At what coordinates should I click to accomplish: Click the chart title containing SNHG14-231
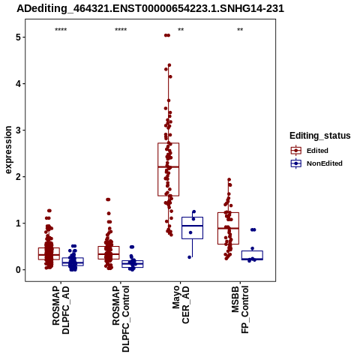pos(150,8)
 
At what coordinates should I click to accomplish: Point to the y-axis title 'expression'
pos(8,150)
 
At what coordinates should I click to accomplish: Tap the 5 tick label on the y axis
pos(18,37)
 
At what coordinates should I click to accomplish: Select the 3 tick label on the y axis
pos(18,130)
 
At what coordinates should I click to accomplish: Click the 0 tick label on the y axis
pos(18,270)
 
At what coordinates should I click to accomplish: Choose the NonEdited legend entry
pos(316,163)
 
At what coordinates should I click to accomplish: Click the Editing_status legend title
pos(320,136)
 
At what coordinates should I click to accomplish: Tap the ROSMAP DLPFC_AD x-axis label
pos(61,310)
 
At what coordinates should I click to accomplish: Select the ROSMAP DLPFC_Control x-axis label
pos(121,319)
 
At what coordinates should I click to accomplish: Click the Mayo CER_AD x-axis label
pos(181,304)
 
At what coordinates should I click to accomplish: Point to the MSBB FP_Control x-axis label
pos(240,310)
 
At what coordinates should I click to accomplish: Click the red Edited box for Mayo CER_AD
pos(168,169)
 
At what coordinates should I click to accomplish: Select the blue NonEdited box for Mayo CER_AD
pos(192,228)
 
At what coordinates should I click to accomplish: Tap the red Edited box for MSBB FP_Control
pos(228,228)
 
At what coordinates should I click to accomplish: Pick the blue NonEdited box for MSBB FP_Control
pos(252,255)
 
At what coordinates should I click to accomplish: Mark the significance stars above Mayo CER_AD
pos(181,30)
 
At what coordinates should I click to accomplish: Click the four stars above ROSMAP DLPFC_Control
pos(121,30)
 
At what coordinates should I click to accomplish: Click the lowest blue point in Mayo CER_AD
pos(190,257)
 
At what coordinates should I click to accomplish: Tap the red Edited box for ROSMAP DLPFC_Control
pos(109,253)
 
